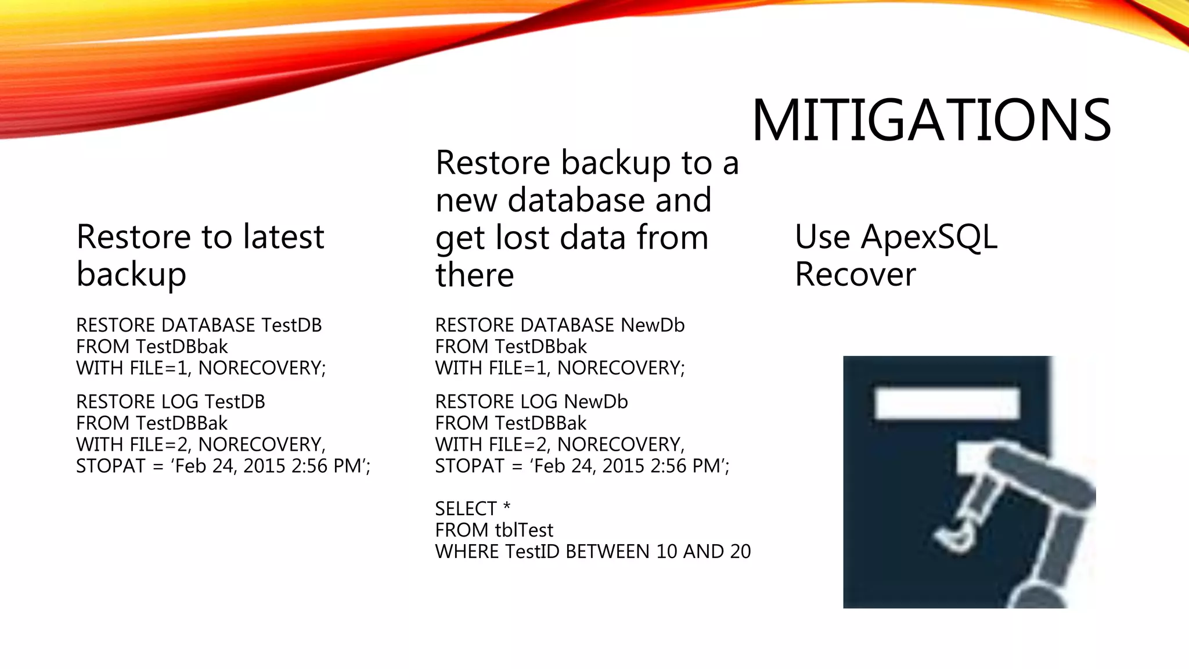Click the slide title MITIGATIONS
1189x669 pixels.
point(931,120)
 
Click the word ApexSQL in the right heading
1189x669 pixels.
point(929,238)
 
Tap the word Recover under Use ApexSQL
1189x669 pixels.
point(855,275)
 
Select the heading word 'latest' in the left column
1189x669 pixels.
point(283,237)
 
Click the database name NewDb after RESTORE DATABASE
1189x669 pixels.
point(653,325)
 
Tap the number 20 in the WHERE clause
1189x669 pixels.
point(740,552)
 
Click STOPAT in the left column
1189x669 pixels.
point(110,466)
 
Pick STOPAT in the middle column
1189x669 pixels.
point(470,466)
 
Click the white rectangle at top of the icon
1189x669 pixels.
point(947,404)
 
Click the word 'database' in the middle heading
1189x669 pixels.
point(576,200)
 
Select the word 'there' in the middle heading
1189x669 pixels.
point(474,275)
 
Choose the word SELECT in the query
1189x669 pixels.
point(466,509)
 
